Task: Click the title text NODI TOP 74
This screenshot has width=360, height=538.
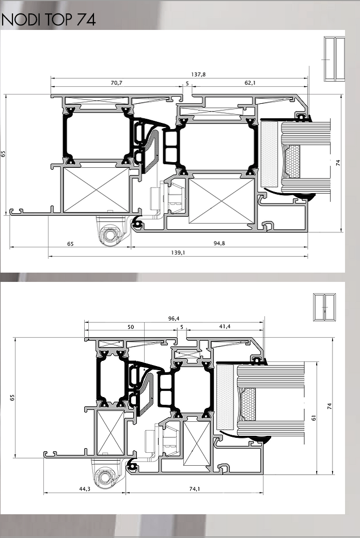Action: click(49, 20)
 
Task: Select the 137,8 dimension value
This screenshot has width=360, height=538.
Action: click(198, 74)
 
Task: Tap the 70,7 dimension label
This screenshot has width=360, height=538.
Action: click(117, 83)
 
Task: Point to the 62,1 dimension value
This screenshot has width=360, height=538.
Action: click(250, 83)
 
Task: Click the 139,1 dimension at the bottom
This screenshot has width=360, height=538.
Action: click(178, 252)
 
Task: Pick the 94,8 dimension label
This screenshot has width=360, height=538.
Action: click(220, 243)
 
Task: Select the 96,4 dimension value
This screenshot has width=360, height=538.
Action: click(174, 319)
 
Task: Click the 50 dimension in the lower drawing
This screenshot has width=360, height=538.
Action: click(131, 327)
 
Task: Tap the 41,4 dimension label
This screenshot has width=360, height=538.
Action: click(225, 327)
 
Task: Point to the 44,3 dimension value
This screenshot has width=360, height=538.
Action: click(85, 489)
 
